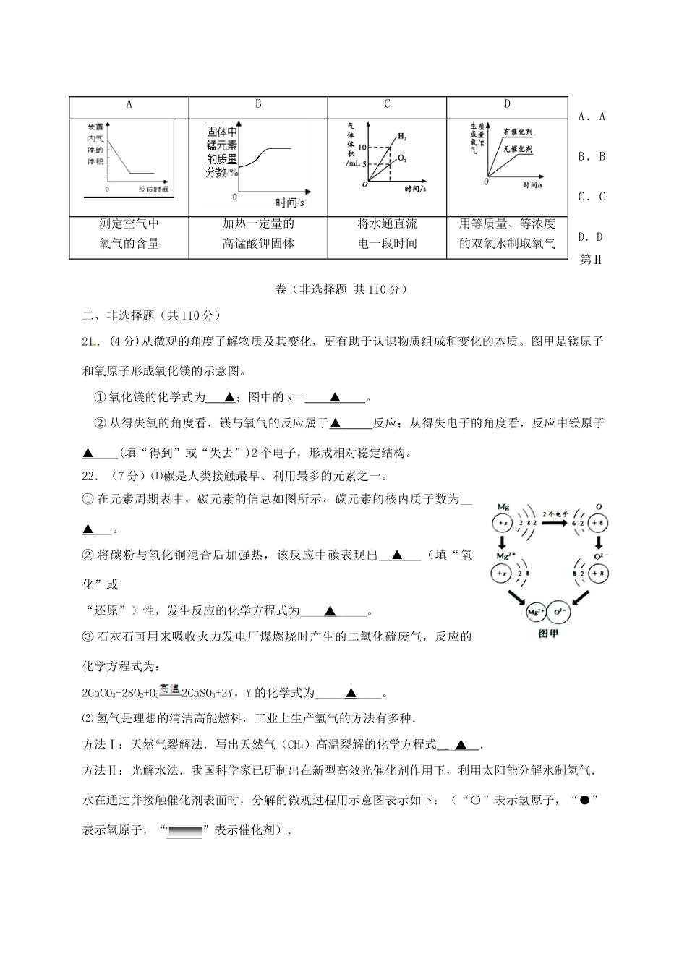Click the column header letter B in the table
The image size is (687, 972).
tap(258, 104)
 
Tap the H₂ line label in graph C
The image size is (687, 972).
tap(402, 136)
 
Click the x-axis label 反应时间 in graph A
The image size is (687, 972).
tap(153, 189)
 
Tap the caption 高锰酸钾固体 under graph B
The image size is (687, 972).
tap(258, 244)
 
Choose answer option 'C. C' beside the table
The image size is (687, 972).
tap(592, 197)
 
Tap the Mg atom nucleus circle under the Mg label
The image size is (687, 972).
tap(502, 522)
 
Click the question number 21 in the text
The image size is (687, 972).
tap(90, 342)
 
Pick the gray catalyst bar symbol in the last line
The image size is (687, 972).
tap(185, 832)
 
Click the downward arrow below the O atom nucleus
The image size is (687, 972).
tap(599, 542)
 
